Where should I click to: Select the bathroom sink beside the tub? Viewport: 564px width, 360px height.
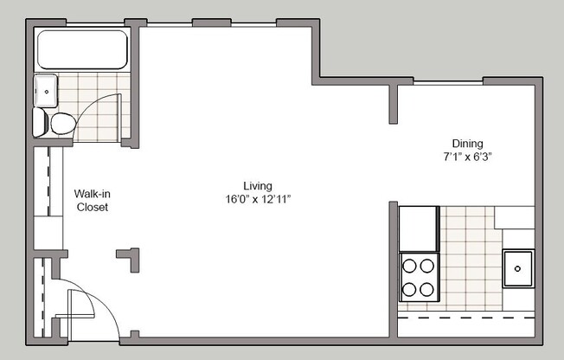(46, 88)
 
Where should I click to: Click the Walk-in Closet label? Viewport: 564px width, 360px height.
(92, 201)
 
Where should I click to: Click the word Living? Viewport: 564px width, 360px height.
(258, 186)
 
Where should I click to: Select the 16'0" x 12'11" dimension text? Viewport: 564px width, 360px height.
(258, 199)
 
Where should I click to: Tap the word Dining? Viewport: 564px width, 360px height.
(467, 144)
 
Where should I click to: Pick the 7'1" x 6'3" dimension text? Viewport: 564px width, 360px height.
(467, 157)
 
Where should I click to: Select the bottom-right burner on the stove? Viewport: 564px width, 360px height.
(428, 288)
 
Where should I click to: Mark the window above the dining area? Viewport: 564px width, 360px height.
(447, 82)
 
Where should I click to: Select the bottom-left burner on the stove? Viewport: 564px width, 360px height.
(409, 288)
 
